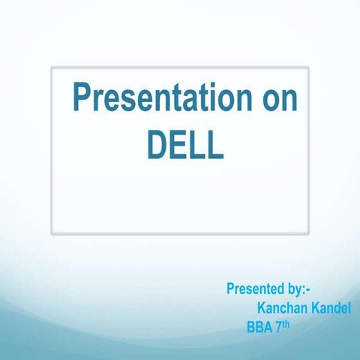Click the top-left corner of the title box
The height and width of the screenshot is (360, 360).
tap(52, 67)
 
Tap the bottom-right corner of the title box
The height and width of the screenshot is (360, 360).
tap(308, 232)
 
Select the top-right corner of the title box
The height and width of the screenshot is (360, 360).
tap(308, 67)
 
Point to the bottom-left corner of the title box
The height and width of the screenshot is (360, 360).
tap(52, 232)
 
